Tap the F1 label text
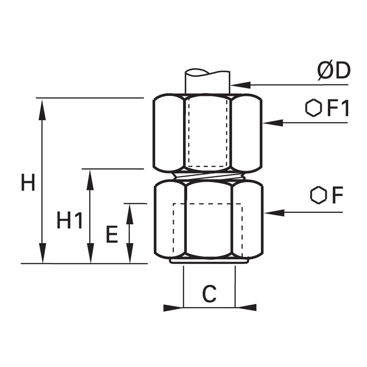tap(338, 108)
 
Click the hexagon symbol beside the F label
tap(318, 195)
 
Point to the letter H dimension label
tap(28, 182)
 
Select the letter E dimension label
tap(111, 234)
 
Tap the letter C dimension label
tap(209, 294)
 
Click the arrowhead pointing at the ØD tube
tap(240, 85)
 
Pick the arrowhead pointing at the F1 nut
tap(272, 122)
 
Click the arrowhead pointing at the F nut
tap(274, 212)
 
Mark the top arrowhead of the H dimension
tap(42, 110)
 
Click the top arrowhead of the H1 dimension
tap(90, 180)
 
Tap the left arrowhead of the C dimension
tap(173, 307)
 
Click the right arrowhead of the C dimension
tap(246, 307)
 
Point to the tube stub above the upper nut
tap(207, 82)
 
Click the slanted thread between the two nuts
tap(208, 177)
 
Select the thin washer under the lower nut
tap(209, 261)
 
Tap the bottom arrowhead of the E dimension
tap(130, 253)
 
